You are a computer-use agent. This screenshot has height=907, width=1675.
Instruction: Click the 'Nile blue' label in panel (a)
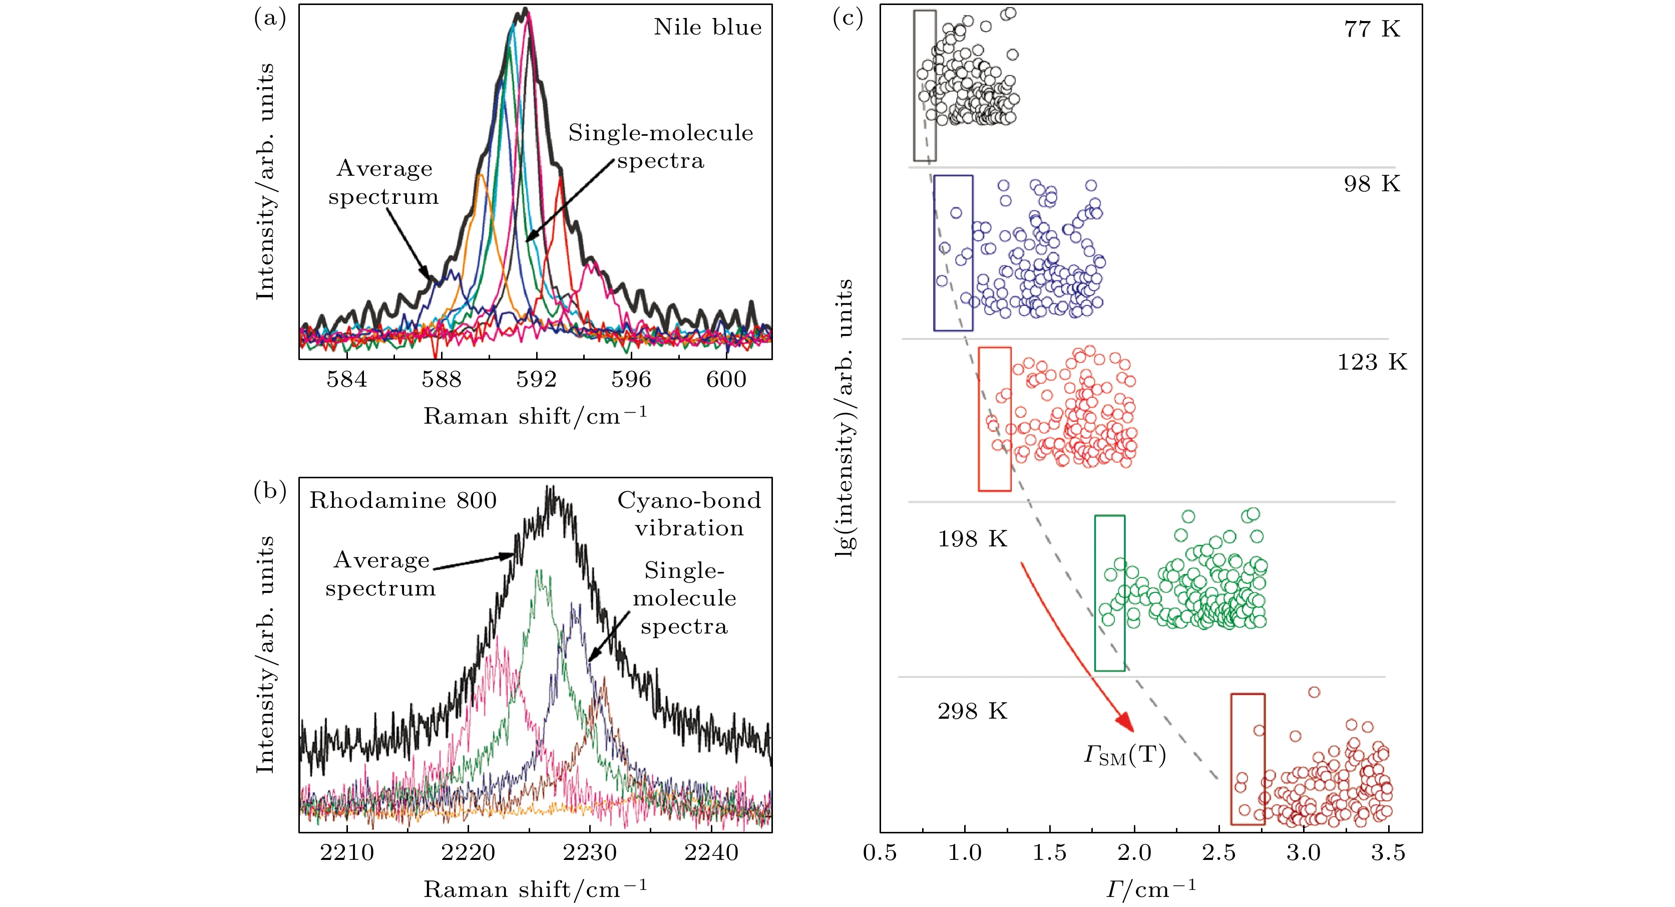pyautogui.click(x=707, y=28)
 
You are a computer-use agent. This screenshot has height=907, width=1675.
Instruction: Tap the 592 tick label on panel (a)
pyautogui.click(x=537, y=379)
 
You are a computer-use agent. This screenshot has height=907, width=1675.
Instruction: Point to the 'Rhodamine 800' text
pyautogui.click(x=402, y=500)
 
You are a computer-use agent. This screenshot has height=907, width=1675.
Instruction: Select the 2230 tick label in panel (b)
pyautogui.click(x=590, y=852)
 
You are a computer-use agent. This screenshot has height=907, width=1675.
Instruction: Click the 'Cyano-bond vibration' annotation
pyautogui.click(x=689, y=514)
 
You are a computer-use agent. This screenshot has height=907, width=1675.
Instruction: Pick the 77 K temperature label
pyautogui.click(x=1372, y=29)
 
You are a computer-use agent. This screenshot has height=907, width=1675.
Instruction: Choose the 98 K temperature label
pyautogui.click(x=1372, y=184)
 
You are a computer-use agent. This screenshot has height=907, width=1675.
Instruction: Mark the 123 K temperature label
pyautogui.click(x=1372, y=363)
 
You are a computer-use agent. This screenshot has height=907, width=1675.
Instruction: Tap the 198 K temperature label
pyautogui.click(x=972, y=539)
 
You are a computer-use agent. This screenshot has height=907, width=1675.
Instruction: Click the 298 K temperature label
pyautogui.click(x=972, y=711)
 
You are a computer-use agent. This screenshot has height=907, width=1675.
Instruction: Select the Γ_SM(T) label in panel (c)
pyautogui.click(x=1125, y=755)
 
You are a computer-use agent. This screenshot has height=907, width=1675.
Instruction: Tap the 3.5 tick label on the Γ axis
pyautogui.click(x=1388, y=853)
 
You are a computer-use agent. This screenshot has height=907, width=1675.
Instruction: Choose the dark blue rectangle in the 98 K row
pyautogui.click(x=953, y=253)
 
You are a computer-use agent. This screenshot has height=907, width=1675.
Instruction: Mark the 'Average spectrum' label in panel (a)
pyautogui.click(x=383, y=182)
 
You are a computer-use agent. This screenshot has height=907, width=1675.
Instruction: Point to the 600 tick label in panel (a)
pyautogui.click(x=726, y=379)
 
